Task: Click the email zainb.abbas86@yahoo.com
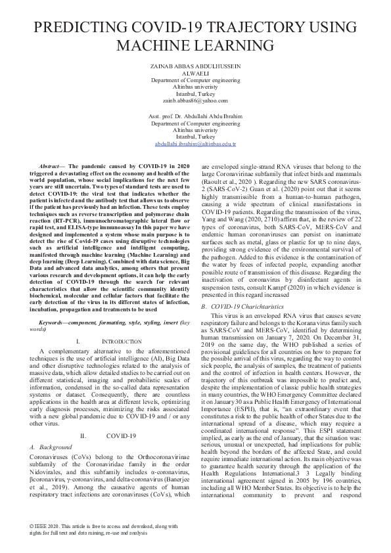pos(195,100)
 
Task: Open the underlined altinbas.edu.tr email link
pos(195,143)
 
